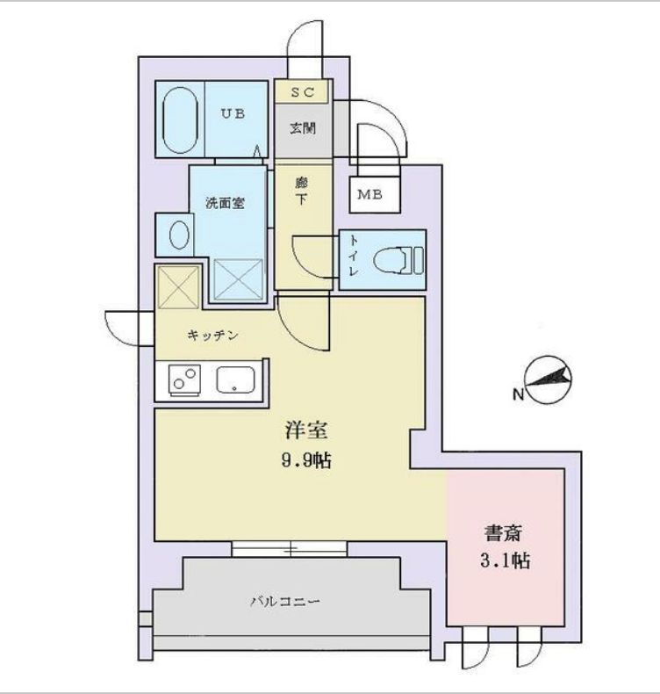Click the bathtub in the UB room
(179, 119)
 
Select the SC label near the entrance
(303, 91)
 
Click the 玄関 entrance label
(303, 128)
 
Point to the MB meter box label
(369, 194)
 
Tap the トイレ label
(354, 258)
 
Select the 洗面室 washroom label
(225, 203)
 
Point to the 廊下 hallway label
(302, 192)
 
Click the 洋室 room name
(306, 431)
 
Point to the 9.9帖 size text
(306, 461)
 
